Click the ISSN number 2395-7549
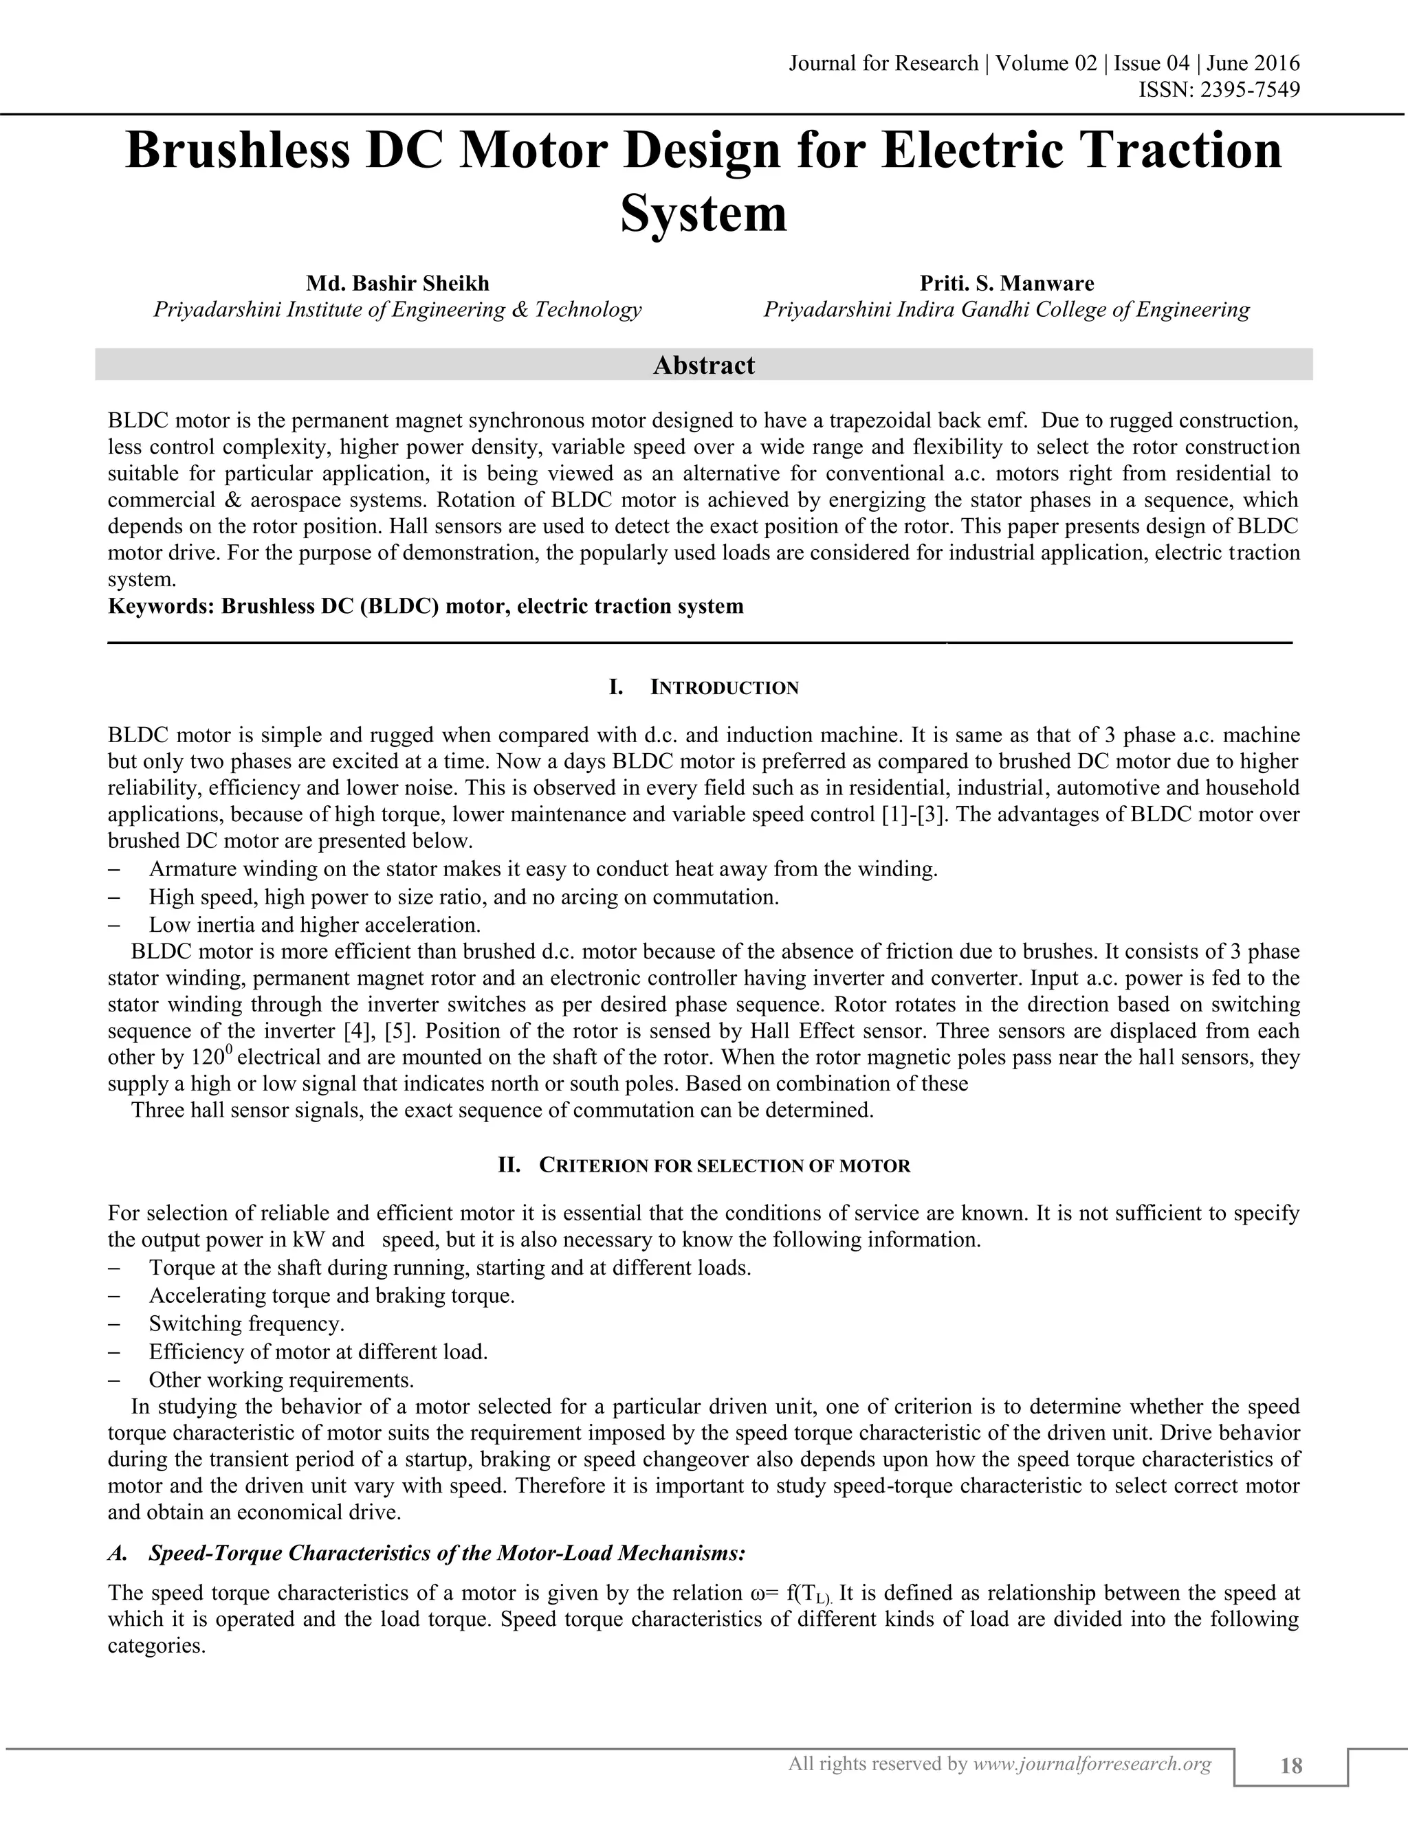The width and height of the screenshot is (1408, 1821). (x=1248, y=89)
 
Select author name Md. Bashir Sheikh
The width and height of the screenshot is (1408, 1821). (x=398, y=284)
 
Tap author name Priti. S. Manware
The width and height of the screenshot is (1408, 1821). (x=1006, y=284)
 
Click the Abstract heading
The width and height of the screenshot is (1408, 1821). (x=703, y=365)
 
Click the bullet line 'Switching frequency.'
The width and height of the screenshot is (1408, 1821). (x=246, y=1323)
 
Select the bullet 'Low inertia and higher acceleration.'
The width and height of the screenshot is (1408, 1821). (x=314, y=925)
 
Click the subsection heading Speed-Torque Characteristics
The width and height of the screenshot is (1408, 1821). (x=446, y=1554)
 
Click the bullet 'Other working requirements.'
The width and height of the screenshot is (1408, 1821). (x=281, y=1379)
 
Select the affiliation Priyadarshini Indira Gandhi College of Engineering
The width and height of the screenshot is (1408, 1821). (x=1006, y=310)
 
